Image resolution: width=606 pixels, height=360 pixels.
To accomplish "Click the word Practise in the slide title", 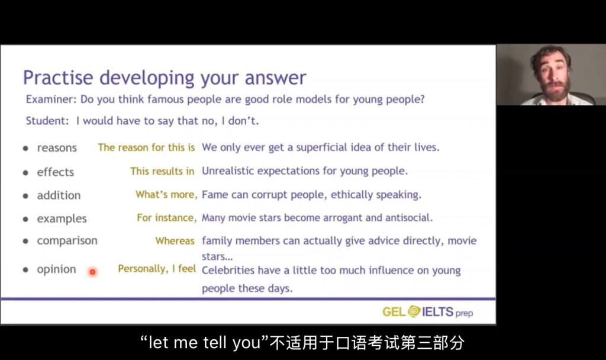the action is [58, 78].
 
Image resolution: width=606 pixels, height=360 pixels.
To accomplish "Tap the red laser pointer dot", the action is [92, 272].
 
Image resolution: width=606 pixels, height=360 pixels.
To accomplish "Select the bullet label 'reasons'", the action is [57, 147].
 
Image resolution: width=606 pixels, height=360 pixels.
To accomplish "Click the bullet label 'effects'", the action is [55, 172].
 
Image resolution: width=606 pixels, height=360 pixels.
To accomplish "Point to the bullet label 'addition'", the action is [59, 195].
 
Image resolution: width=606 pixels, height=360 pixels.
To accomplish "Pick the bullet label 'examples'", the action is [62, 219].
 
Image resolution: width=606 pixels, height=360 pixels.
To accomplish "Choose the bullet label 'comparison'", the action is [67, 241].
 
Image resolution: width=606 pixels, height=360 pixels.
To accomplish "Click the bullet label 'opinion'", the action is [56, 269].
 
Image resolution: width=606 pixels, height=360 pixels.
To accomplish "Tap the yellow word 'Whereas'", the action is [175, 241].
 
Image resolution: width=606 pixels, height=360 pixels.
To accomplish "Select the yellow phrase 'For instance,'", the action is [166, 218].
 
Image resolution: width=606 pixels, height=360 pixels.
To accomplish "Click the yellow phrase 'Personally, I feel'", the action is [157, 269].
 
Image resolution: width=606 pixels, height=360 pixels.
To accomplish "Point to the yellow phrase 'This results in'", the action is [162, 171].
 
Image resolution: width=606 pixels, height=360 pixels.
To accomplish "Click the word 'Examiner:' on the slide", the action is [51, 99].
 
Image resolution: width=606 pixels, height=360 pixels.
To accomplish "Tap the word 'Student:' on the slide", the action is [47, 121].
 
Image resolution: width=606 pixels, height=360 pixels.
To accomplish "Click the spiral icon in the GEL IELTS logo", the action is [414, 311].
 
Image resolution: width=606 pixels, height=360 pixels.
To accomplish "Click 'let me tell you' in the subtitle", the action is [204, 343].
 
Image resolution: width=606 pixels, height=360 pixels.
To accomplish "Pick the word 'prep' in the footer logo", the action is [464, 313].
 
